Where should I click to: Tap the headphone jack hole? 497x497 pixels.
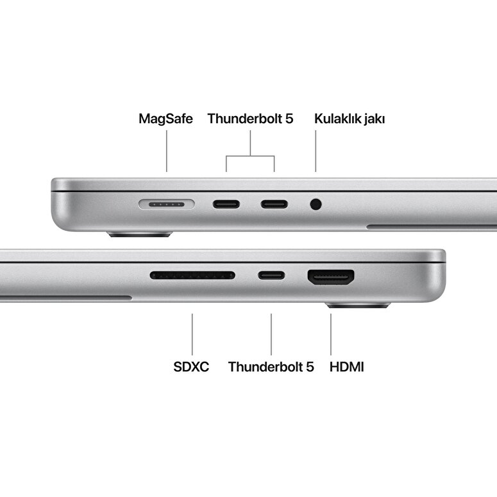click(x=316, y=205)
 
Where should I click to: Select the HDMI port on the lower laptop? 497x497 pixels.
click(x=332, y=277)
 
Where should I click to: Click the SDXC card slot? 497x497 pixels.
click(x=192, y=276)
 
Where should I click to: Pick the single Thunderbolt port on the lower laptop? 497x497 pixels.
click(x=271, y=276)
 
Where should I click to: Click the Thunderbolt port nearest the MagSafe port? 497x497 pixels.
click(x=226, y=205)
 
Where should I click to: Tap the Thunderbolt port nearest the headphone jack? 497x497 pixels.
click(x=274, y=205)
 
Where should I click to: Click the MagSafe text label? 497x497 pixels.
click(x=165, y=119)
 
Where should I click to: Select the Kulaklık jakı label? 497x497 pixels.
click(x=350, y=119)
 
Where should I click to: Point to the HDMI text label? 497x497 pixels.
click(x=347, y=367)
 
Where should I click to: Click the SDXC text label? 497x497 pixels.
click(x=191, y=367)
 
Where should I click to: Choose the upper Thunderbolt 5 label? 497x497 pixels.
click(x=250, y=119)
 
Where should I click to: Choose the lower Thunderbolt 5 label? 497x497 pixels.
click(x=271, y=367)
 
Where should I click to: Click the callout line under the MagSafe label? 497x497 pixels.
click(x=166, y=151)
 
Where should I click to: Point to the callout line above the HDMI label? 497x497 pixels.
click(x=331, y=333)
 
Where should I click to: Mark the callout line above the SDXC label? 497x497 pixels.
click(x=192, y=333)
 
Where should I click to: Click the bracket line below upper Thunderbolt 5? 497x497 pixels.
click(x=250, y=156)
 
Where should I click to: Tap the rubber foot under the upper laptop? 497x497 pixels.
click(x=139, y=234)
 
